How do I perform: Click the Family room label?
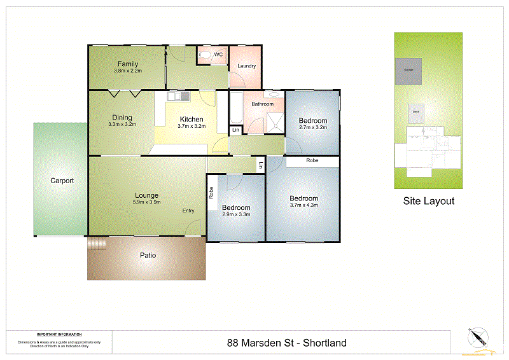point(128,64)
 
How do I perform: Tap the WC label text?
point(218,55)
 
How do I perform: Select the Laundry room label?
point(246,66)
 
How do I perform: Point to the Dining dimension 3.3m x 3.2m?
point(122,125)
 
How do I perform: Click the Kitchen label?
point(192,119)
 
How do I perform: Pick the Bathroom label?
point(262,104)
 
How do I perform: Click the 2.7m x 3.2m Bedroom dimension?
point(312,127)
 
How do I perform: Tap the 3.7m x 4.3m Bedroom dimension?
point(303,205)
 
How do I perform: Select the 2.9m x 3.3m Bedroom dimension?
point(236,214)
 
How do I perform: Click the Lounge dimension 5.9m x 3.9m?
point(146,202)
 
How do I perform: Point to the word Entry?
point(188,211)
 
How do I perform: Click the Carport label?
point(62,181)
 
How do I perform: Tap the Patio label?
point(148,255)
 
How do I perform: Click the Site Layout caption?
point(429,201)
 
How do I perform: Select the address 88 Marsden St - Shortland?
point(286,343)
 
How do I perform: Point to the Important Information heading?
point(59,335)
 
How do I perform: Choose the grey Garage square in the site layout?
point(407,71)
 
